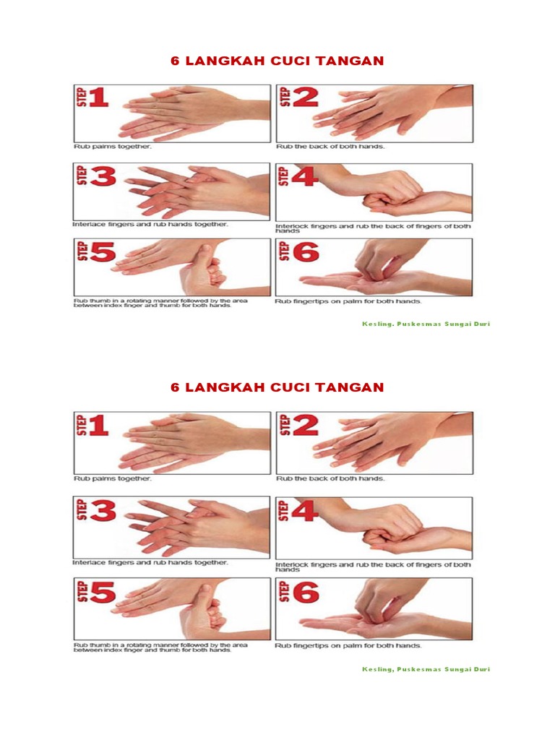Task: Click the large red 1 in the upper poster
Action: pos(98,98)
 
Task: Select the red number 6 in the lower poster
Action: pos(306,592)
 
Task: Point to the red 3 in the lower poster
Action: pos(103,509)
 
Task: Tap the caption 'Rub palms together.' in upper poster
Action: pos(112,147)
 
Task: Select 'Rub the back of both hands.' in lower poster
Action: pos(330,478)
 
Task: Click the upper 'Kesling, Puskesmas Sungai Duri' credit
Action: pos(426,324)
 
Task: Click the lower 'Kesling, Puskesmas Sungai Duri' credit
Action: pos(426,668)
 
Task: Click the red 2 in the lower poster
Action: pos(306,425)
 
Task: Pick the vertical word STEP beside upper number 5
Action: pos(82,251)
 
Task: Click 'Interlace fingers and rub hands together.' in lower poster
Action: pos(150,562)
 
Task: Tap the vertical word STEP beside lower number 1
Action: pos(82,425)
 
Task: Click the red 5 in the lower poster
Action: pos(103,592)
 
